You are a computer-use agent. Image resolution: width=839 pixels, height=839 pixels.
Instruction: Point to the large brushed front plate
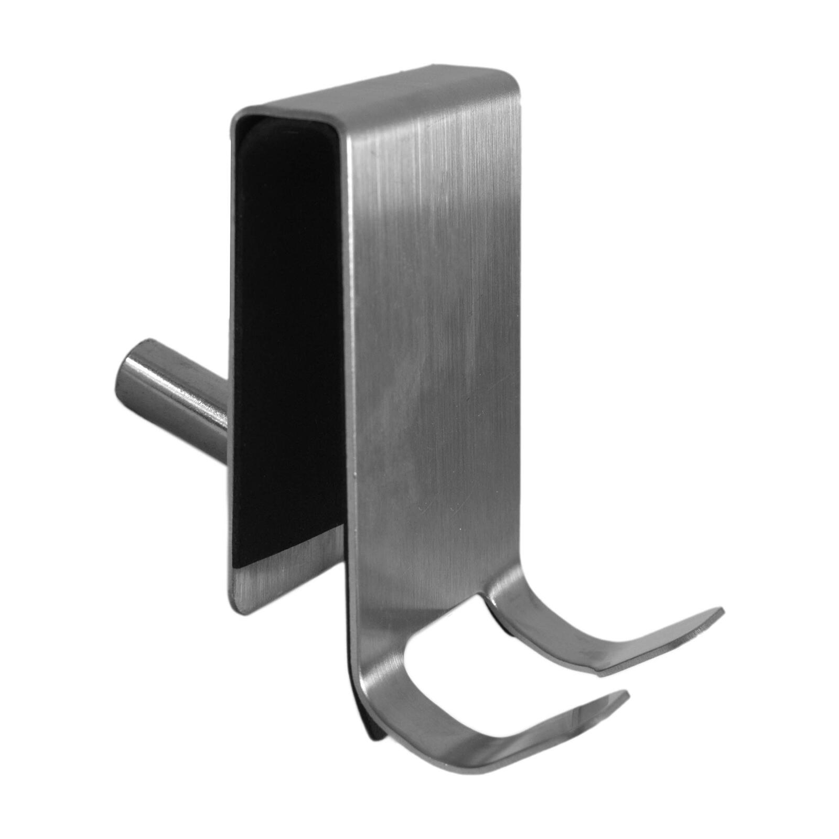click(x=435, y=341)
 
